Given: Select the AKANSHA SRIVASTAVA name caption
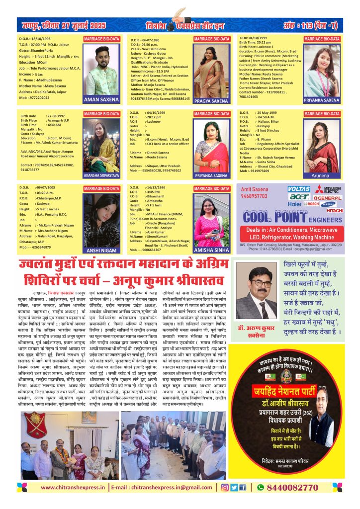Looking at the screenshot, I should tap(101, 175).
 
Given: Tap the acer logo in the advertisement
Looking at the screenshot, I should tap(298, 196).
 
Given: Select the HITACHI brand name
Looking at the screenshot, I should tap(335, 210).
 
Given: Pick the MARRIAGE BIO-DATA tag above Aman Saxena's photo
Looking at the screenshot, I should tap(101, 38).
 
